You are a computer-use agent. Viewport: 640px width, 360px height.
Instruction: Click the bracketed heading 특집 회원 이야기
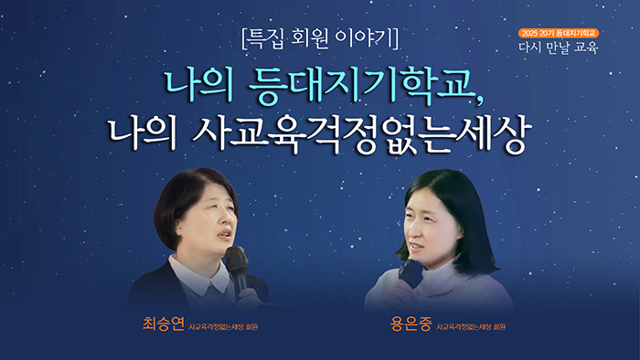tap(319, 39)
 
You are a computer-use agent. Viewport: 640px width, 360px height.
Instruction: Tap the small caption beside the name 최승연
tap(222, 326)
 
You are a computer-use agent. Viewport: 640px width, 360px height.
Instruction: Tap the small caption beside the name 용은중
tap(471, 326)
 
